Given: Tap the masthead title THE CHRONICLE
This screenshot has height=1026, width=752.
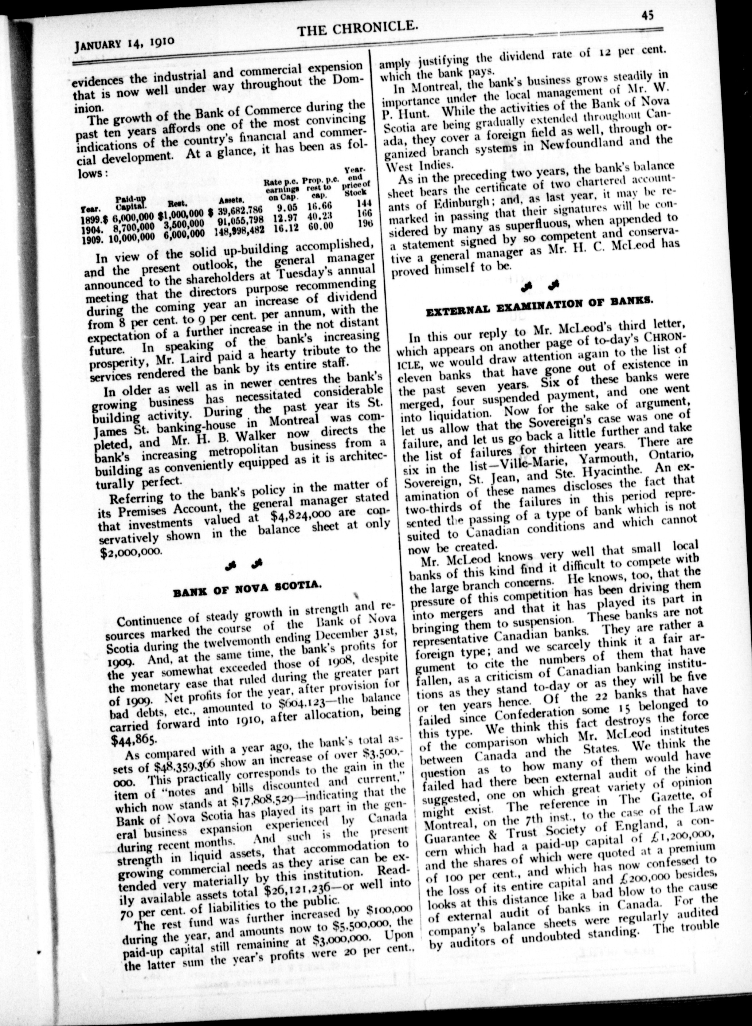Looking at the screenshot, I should pyautogui.click(x=357, y=29).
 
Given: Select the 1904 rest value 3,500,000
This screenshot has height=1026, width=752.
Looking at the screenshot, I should pyautogui.click(x=181, y=224).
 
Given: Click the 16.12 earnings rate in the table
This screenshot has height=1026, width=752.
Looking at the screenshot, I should pyautogui.click(x=286, y=227).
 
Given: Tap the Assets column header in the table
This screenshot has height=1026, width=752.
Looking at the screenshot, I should pyautogui.click(x=232, y=200).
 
